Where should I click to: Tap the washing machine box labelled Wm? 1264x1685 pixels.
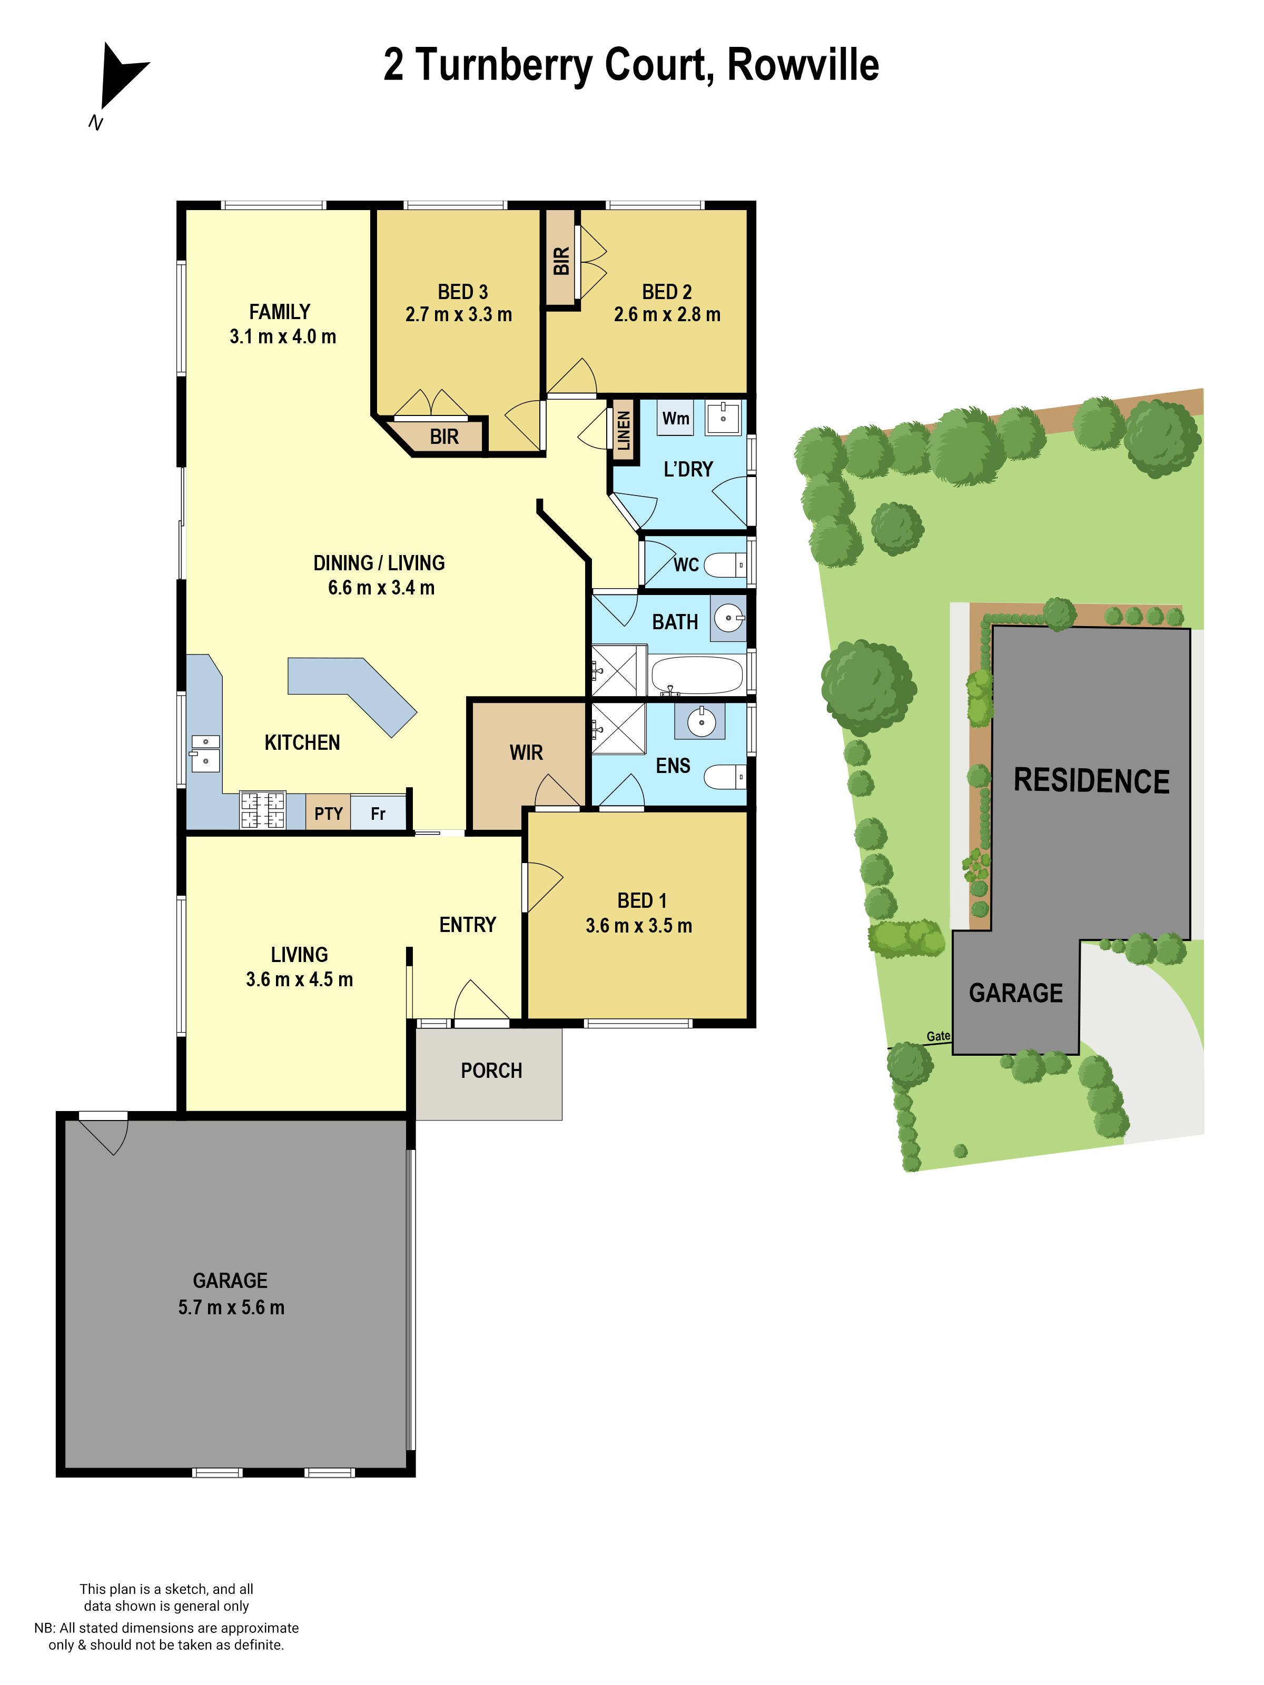coord(675,418)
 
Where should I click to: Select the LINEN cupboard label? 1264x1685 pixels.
coord(623,430)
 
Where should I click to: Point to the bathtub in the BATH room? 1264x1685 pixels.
coord(696,674)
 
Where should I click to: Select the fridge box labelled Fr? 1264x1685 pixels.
coord(378,814)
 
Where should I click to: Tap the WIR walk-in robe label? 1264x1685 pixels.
coord(526,752)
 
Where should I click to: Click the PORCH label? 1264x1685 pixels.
coord(491,1071)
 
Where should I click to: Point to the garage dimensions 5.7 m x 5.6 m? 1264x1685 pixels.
coord(231,1307)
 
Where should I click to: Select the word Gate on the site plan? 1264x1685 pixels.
coord(938,1035)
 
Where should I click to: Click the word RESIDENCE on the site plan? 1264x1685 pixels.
coord(1091,781)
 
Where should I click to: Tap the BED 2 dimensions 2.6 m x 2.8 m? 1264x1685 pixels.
coord(667,314)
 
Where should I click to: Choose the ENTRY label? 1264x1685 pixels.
coord(467,925)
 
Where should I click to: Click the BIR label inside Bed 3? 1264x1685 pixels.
coord(443,437)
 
